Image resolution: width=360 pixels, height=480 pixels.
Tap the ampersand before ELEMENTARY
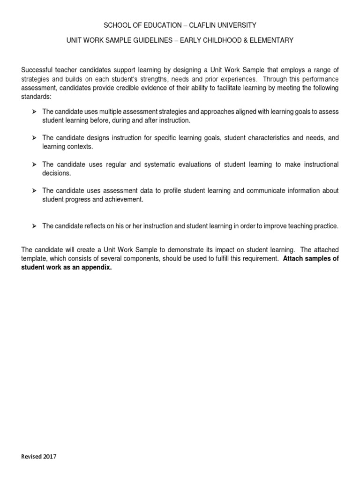250,41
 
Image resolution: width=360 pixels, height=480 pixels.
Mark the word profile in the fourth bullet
191,191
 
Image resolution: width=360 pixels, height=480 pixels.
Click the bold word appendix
98,268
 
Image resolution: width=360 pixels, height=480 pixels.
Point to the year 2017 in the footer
49,457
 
